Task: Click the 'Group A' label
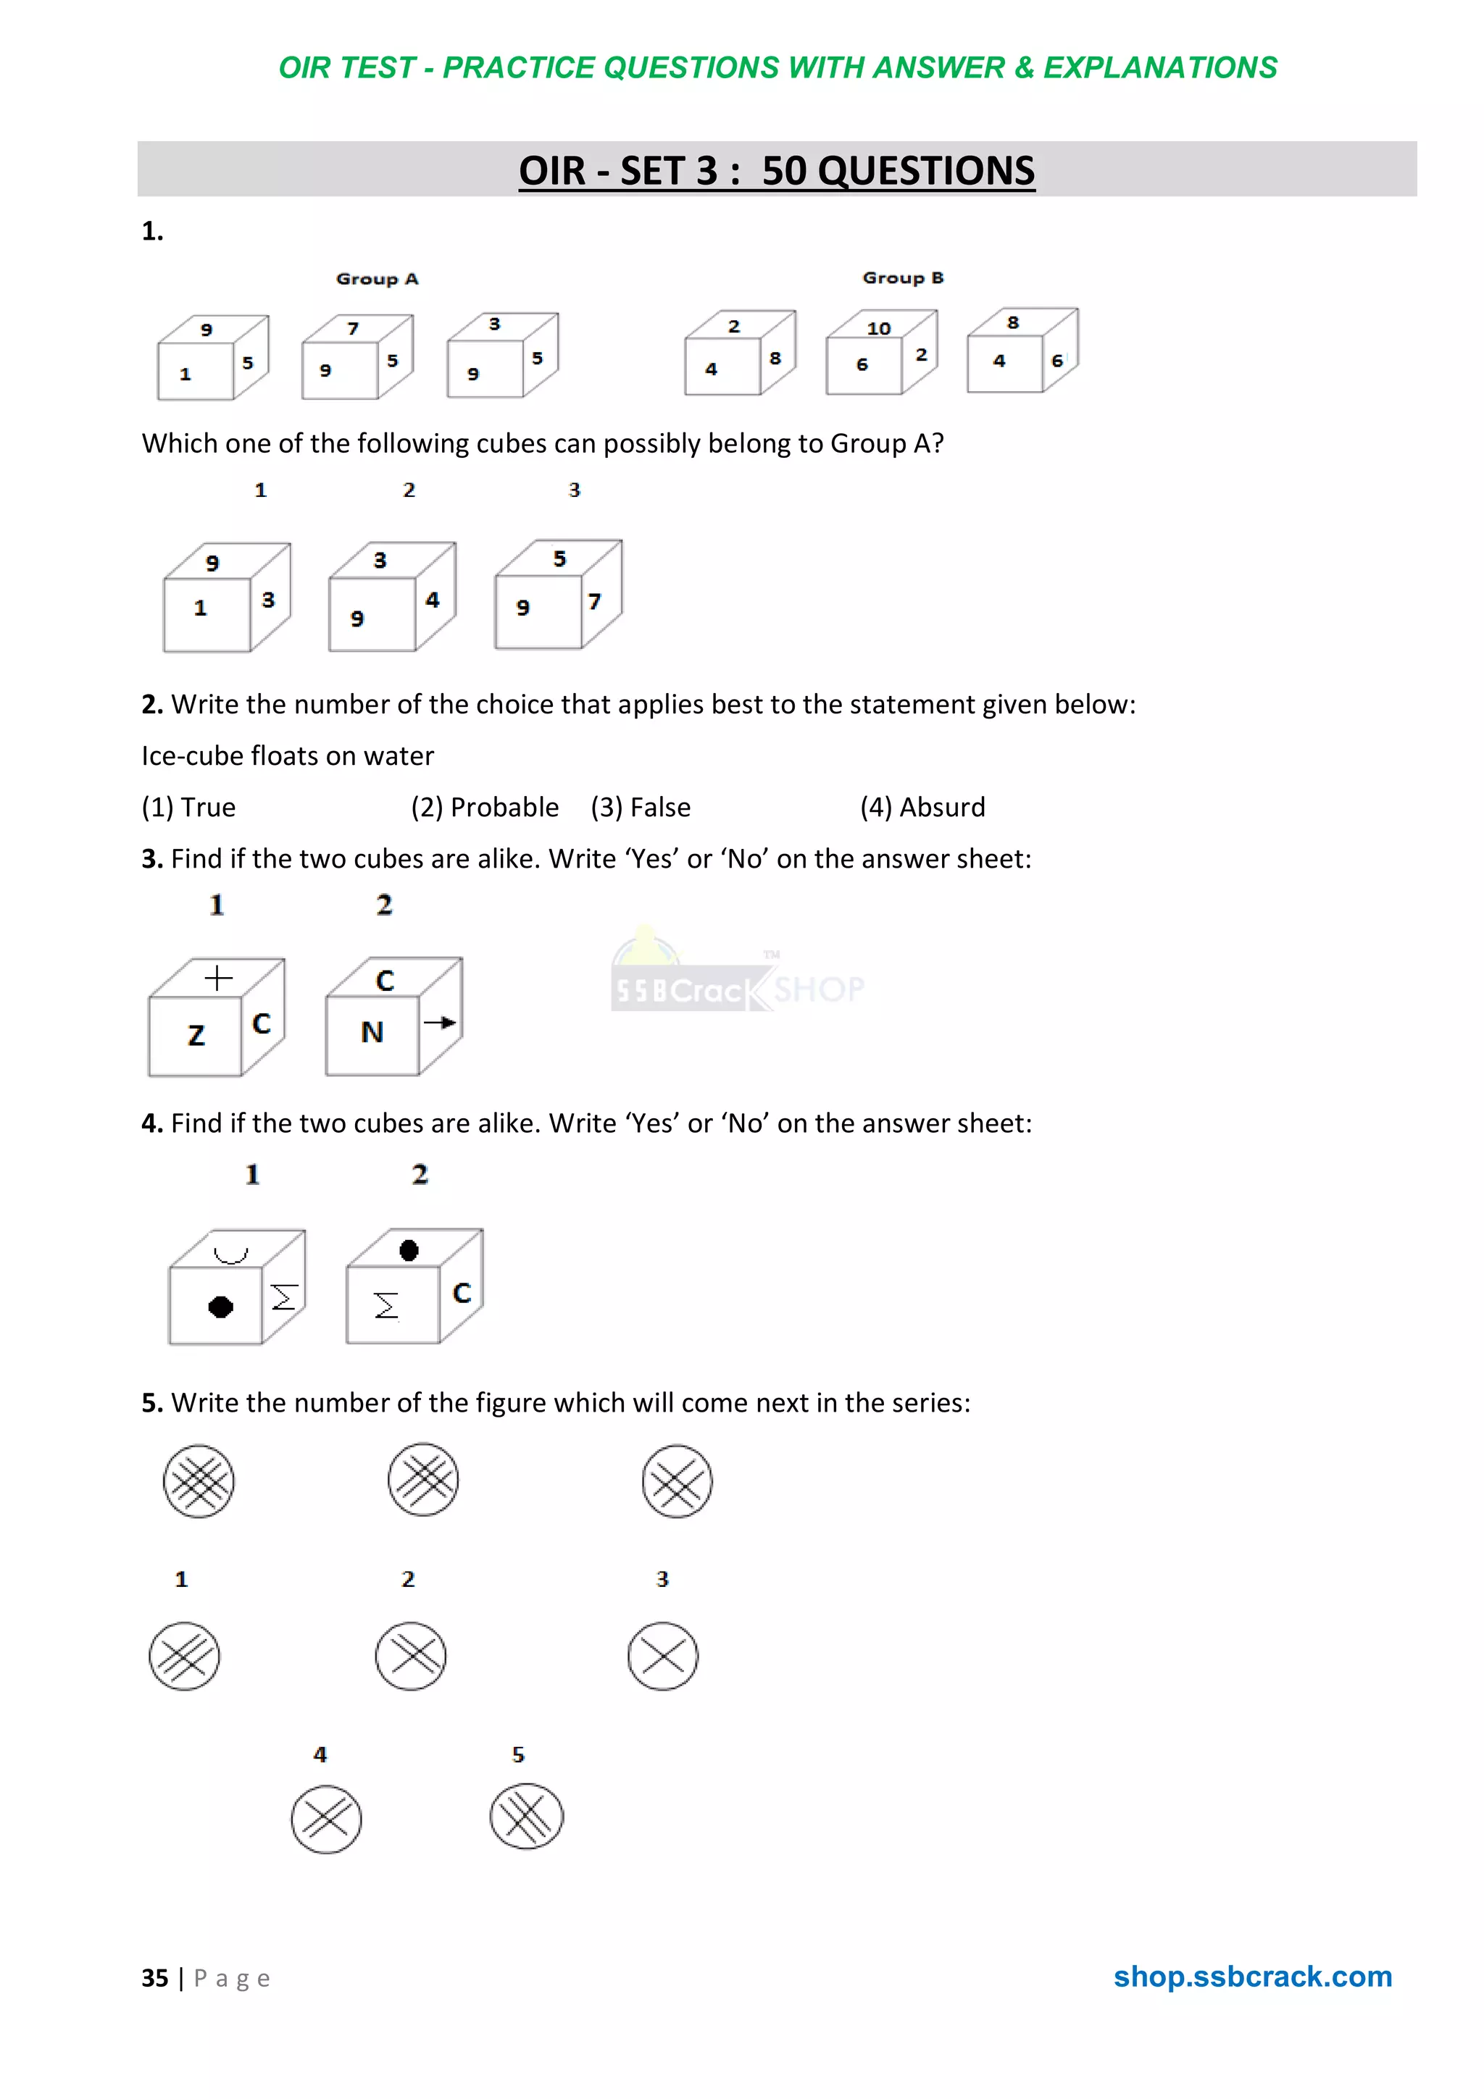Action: coord(377,279)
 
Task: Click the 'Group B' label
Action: coord(902,278)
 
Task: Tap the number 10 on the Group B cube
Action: coord(879,328)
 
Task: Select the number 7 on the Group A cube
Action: coord(353,328)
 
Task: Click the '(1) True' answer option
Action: coord(188,808)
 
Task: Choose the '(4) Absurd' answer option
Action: coord(922,808)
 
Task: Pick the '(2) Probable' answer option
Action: coord(485,808)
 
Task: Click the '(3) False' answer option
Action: coord(640,808)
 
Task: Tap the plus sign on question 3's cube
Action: coord(217,979)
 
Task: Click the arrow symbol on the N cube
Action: coord(440,1022)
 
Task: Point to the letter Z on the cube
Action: coord(196,1035)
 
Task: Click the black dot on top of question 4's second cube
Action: coord(409,1249)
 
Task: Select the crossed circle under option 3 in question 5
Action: coord(663,1656)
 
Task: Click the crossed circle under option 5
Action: coord(527,1816)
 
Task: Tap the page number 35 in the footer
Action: coord(154,1978)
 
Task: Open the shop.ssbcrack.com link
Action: coord(1251,1977)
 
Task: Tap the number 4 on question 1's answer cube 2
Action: coord(433,600)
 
